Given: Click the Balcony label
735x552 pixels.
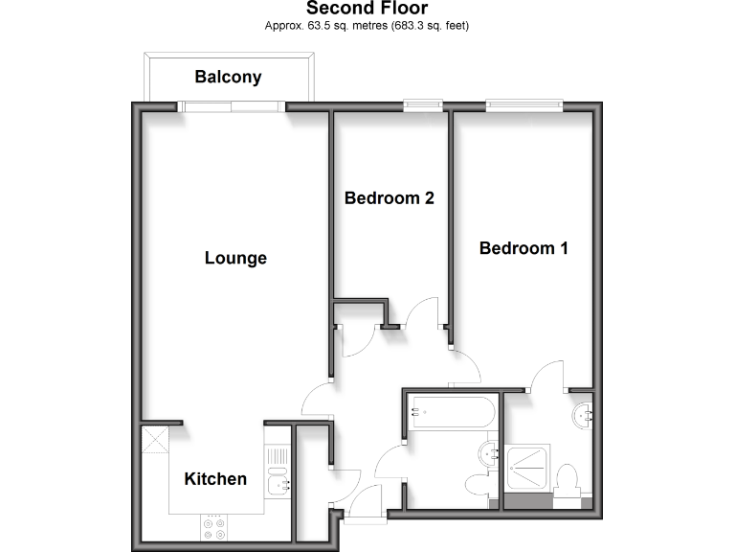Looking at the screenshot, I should click(x=228, y=78).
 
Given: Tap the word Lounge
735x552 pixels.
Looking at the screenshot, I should click(x=235, y=258).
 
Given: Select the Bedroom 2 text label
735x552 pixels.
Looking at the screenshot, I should click(x=390, y=198).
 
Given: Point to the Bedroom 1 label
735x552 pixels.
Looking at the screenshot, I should click(x=523, y=248).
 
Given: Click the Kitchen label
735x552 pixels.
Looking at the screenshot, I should click(x=215, y=479).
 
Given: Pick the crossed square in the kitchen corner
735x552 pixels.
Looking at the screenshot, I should click(x=155, y=440).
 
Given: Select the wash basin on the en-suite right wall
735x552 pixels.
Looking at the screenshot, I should click(x=584, y=414).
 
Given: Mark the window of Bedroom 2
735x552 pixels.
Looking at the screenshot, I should click(x=423, y=105).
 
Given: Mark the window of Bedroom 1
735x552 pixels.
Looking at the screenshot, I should click(x=523, y=105).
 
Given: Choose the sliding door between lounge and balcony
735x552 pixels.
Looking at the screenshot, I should click(x=235, y=106).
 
